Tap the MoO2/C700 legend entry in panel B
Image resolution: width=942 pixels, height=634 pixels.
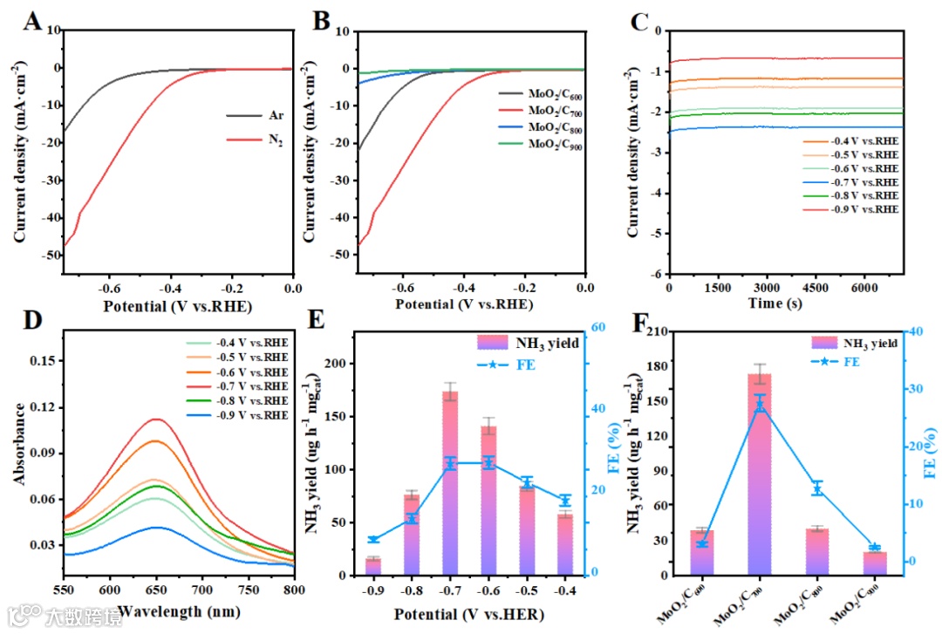point(554,112)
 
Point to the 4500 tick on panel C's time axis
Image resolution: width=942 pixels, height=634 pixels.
point(815,288)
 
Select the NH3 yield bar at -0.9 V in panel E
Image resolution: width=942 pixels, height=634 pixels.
point(373,566)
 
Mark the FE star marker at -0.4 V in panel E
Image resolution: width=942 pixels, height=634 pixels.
point(565,501)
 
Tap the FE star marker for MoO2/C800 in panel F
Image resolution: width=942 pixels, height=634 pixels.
point(816,488)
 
